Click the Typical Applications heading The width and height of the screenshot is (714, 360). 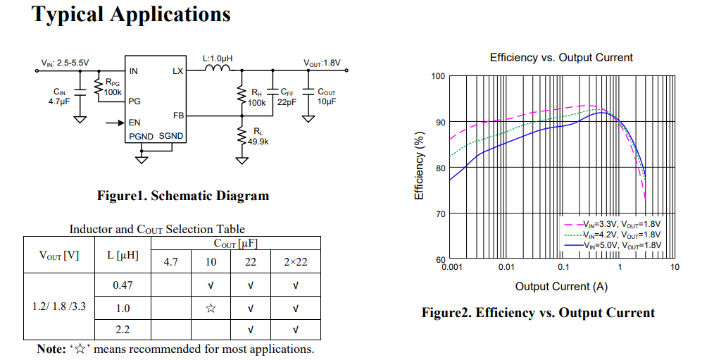(x=132, y=14)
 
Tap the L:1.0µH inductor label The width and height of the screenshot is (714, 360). (x=218, y=58)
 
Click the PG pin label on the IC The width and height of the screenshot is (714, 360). (x=134, y=101)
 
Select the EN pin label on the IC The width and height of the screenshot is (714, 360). (x=134, y=123)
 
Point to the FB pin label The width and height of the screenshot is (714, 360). (x=178, y=115)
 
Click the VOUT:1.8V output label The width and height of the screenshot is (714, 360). (x=322, y=63)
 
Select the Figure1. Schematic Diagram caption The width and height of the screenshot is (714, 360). (x=183, y=196)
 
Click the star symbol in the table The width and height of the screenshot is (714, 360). (x=211, y=308)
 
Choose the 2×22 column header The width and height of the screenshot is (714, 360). (x=295, y=262)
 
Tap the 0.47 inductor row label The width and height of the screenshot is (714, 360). (x=123, y=285)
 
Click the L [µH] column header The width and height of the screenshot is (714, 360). (x=123, y=255)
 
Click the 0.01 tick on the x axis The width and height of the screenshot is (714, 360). (x=506, y=267)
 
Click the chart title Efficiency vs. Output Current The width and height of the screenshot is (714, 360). (x=561, y=58)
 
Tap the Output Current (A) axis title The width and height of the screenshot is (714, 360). (x=561, y=286)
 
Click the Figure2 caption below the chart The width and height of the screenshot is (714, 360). (x=538, y=313)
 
